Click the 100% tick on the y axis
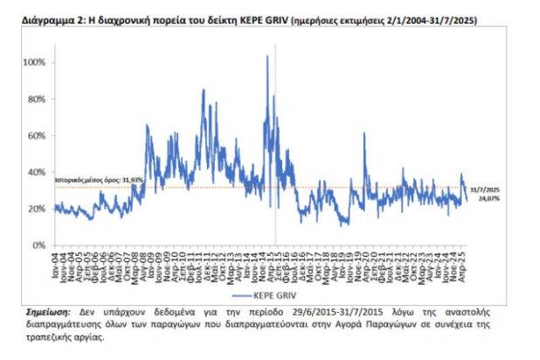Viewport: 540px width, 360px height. coord(36,63)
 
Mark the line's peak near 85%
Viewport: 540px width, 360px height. coord(203,90)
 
